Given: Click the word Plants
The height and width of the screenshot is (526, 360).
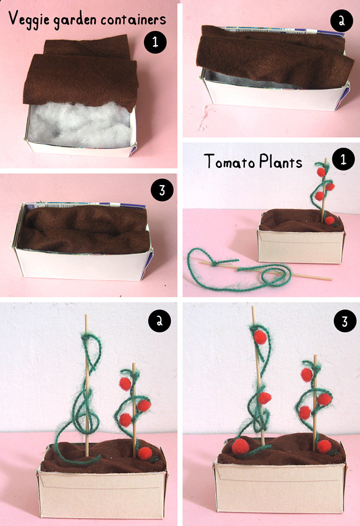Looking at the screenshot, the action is (281, 162).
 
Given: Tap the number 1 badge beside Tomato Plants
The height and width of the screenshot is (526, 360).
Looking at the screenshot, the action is (343, 159).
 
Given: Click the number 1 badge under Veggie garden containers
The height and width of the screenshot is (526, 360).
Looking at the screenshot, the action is (155, 42).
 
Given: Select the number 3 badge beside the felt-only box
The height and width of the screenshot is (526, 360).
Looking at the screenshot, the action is (162, 190).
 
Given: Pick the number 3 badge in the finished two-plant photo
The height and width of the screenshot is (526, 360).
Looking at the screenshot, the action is (345, 321).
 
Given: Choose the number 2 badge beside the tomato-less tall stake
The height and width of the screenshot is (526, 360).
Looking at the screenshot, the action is (160, 321).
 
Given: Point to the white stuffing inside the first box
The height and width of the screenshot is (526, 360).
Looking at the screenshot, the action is (80, 125).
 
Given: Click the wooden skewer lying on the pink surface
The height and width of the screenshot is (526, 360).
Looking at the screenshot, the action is (265, 271).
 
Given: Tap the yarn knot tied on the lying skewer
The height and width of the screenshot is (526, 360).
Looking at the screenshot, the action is (214, 263).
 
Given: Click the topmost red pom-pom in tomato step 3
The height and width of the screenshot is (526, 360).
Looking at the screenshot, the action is (260, 337).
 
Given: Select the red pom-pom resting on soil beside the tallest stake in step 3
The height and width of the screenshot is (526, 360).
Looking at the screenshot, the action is (241, 446).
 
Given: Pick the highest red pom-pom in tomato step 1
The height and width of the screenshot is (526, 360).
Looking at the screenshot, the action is (321, 172).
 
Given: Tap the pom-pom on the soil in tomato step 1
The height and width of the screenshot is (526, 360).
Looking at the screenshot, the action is (330, 221).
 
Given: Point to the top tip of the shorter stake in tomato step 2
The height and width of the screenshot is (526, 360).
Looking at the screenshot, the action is (134, 363).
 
